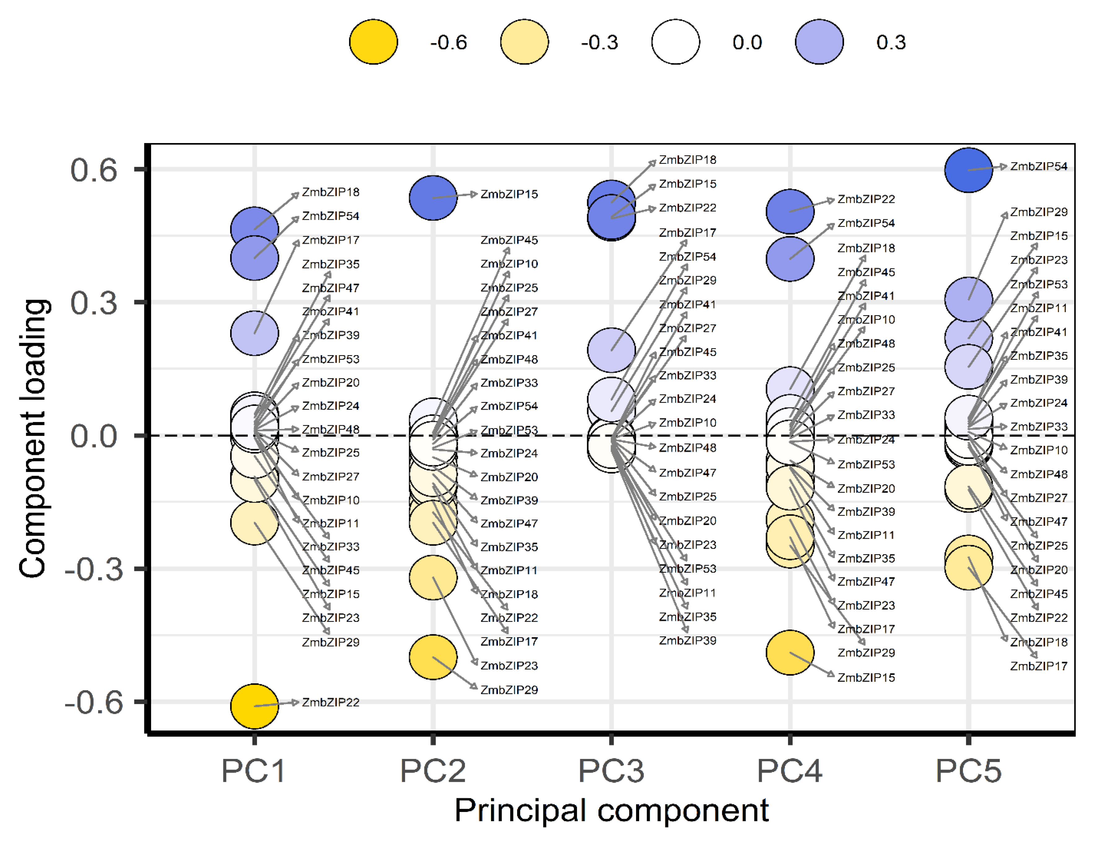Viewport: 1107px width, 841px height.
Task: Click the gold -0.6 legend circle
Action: coord(373,42)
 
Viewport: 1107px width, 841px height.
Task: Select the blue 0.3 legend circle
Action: coord(819,42)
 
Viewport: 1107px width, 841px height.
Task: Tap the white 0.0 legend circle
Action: coord(675,42)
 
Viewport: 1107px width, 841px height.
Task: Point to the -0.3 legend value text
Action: coord(599,42)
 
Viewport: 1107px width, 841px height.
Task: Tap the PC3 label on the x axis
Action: coord(611,771)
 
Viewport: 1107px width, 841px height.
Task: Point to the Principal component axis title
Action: coord(611,811)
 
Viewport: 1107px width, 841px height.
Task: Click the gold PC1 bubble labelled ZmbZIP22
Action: coord(254,706)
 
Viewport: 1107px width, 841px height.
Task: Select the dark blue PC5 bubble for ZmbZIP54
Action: coord(968,170)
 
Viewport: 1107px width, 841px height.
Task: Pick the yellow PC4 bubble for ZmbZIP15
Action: coord(790,652)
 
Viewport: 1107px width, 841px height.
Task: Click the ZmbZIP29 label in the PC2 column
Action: coord(509,690)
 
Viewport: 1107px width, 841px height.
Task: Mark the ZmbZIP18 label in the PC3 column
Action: coord(687,160)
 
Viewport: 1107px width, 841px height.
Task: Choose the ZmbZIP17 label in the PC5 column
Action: coord(1038,666)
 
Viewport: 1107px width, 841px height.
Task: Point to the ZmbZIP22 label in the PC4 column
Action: coord(866,199)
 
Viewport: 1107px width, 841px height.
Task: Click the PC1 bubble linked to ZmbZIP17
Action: coord(254,333)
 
